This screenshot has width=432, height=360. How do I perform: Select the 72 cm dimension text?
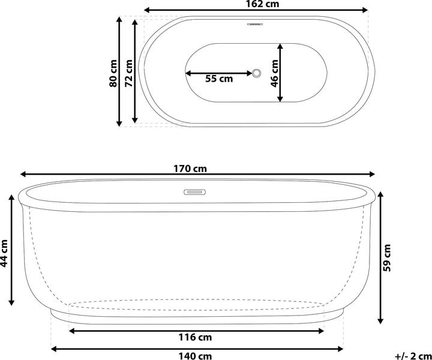128,73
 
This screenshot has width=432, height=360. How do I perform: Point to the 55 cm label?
219,79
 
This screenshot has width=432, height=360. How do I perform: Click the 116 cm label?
196,337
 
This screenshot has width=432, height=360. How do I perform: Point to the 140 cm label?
196,355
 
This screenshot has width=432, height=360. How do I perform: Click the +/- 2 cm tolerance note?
413,355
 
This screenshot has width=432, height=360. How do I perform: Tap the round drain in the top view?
257,73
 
